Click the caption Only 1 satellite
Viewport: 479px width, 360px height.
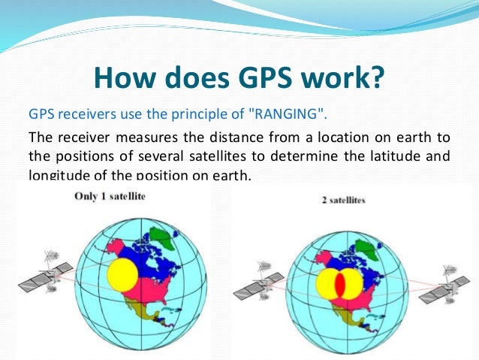110,196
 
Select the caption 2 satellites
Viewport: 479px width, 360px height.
344,202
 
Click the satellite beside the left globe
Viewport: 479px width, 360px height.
47,277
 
